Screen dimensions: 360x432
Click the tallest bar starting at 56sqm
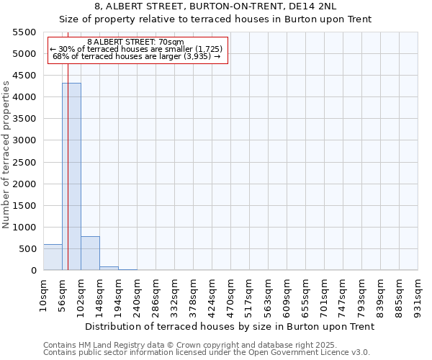tap(71, 176)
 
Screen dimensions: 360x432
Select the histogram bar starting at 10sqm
tap(53, 257)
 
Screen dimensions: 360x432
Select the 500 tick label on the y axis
tap(27, 249)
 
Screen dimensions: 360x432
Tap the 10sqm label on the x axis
tap(43, 292)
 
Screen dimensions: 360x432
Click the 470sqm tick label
tap(230, 292)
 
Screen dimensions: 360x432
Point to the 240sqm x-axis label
tap(137, 292)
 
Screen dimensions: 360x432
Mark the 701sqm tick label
tap(324, 292)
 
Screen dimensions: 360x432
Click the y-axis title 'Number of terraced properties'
tap(6, 155)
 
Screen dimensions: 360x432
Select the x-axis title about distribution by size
tap(230, 326)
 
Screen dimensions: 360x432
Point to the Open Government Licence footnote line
tap(207, 353)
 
